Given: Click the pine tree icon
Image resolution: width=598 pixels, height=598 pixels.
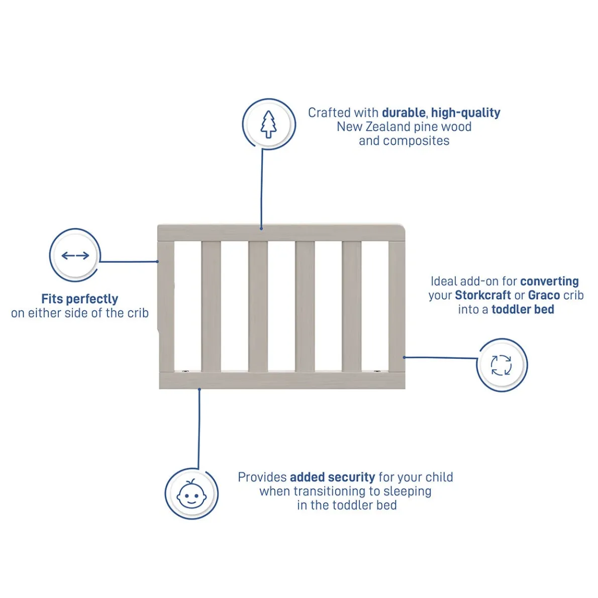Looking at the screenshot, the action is pyautogui.click(x=268, y=124).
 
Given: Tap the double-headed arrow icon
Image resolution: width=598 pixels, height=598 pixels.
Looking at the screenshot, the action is pyautogui.click(x=75, y=255).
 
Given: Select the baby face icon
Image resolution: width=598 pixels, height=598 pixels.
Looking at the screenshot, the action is pyautogui.click(x=191, y=494).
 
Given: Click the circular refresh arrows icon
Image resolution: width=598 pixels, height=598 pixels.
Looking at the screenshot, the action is pyautogui.click(x=501, y=365).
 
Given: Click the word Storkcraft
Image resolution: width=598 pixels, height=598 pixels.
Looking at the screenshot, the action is pyautogui.click(x=483, y=295).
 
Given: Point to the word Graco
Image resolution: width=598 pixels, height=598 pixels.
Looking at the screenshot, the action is pyautogui.click(x=544, y=295).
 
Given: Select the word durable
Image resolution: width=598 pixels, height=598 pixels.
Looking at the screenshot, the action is pyautogui.click(x=404, y=113).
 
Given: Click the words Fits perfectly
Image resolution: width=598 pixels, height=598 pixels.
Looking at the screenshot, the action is pyautogui.click(x=80, y=299).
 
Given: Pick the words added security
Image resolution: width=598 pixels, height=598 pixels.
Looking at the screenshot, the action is pyautogui.click(x=333, y=477).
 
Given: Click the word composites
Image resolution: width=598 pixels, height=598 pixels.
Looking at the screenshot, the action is pyautogui.click(x=417, y=141).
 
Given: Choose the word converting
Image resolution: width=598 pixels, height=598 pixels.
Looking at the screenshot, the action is pyautogui.click(x=550, y=281).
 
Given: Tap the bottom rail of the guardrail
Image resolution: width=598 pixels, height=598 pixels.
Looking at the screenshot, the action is pyautogui.click(x=282, y=380).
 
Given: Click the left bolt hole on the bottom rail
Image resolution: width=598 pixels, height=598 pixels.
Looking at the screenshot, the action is pyautogui.click(x=185, y=370).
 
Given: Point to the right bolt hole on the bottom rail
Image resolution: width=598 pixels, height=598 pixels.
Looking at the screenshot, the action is pyautogui.click(x=377, y=370).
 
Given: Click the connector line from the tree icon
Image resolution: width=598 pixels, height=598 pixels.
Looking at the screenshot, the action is pyautogui.click(x=262, y=189).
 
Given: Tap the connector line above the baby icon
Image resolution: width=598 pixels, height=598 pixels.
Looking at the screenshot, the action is pyautogui.click(x=199, y=429).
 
